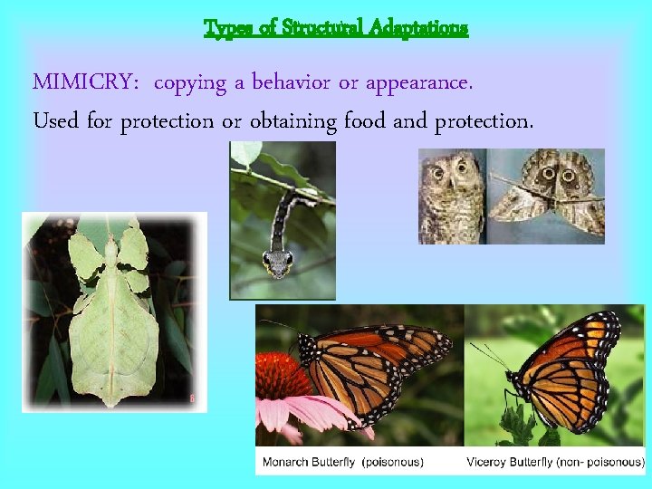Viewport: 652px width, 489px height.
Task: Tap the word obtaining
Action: point(292,121)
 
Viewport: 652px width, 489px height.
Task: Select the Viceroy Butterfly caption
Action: point(513,462)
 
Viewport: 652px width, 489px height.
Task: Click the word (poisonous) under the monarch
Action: point(393,462)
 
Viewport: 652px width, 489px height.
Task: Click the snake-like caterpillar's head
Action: point(278,262)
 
